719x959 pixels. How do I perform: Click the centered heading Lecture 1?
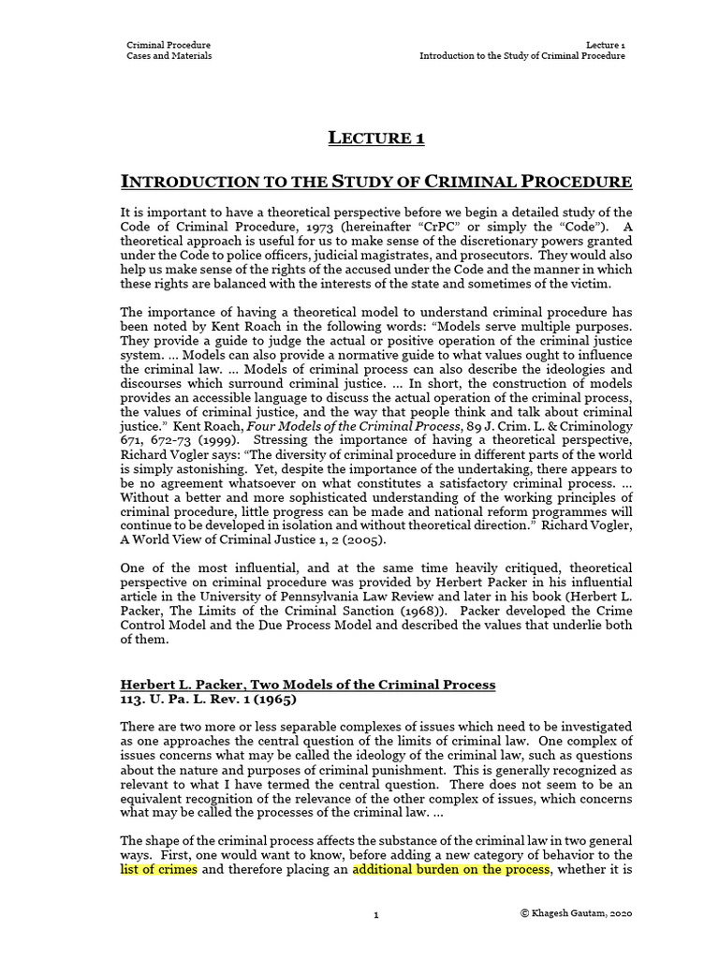[x=376, y=139]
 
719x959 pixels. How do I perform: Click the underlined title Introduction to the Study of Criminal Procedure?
[x=376, y=181]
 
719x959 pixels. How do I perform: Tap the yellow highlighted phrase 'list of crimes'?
[x=158, y=869]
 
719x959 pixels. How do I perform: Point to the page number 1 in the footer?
[x=375, y=914]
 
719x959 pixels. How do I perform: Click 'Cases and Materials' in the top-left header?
[x=169, y=56]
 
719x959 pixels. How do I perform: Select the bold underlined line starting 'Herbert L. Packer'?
[x=308, y=685]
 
